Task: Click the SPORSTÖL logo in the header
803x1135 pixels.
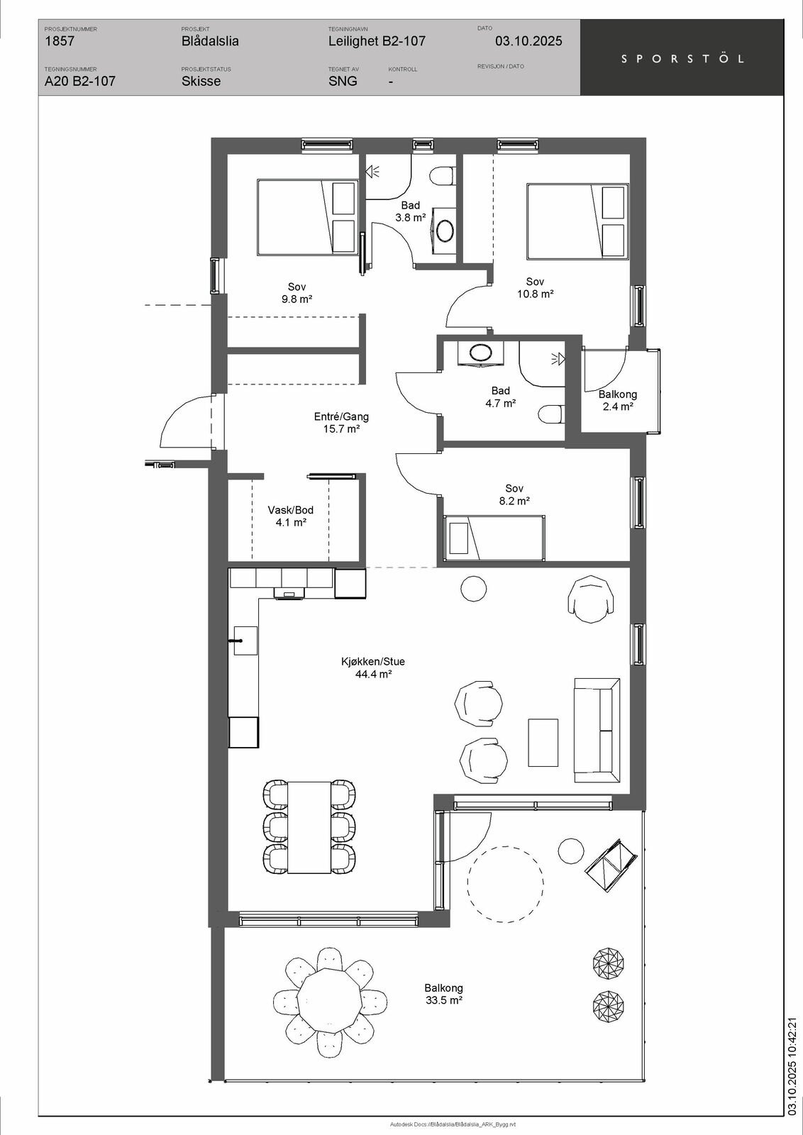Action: pyautogui.click(x=682, y=59)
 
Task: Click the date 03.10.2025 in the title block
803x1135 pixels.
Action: pyautogui.click(x=528, y=41)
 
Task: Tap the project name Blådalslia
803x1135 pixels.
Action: pyautogui.click(x=210, y=41)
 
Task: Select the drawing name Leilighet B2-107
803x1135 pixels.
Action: pyautogui.click(x=377, y=41)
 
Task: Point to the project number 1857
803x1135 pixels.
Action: pyautogui.click(x=60, y=41)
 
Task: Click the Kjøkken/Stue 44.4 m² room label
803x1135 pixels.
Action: pyautogui.click(x=373, y=668)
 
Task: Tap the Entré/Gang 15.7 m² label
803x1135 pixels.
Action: pyautogui.click(x=341, y=423)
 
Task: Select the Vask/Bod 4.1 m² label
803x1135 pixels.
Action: pyautogui.click(x=290, y=516)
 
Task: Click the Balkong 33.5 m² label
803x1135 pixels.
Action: pyautogui.click(x=443, y=994)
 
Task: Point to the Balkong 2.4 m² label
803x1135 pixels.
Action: pyautogui.click(x=618, y=400)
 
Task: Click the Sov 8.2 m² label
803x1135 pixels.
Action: pyautogui.click(x=514, y=494)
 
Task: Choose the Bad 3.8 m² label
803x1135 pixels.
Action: pyautogui.click(x=410, y=211)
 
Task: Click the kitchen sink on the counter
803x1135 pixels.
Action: pyautogui.click(x=245, y=641)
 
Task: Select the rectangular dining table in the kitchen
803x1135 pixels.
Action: pyautogui.click(x=309, y=827)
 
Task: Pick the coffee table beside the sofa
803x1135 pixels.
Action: pyautogui.click(x=543, y=743)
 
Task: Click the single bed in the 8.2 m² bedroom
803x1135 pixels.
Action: pyautogui.click(x=494, y=538)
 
